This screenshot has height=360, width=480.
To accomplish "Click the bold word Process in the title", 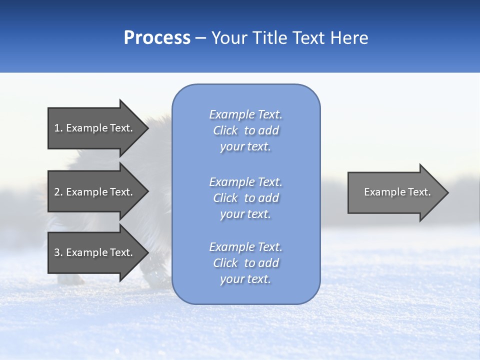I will tap(157, 38).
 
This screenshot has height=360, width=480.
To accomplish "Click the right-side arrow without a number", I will tap(395, 192).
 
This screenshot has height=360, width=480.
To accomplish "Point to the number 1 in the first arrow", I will tap(57, 128).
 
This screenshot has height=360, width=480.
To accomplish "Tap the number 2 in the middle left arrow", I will tap(57, 192).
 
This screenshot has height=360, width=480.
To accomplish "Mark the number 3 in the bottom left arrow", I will tap(57, 252).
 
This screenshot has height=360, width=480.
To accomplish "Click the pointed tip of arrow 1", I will tap(145, 128).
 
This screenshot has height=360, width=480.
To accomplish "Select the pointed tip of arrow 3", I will tap(145, 252).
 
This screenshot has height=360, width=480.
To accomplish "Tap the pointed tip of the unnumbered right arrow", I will tap(446, 192).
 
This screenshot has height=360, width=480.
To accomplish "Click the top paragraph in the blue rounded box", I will tap(246, 130).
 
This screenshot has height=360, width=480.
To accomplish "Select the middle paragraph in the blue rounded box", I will tap(246, 198).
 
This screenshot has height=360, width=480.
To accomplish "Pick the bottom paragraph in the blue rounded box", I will tap(246, 263).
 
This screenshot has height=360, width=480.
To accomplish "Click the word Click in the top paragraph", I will tap(225, 130).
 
